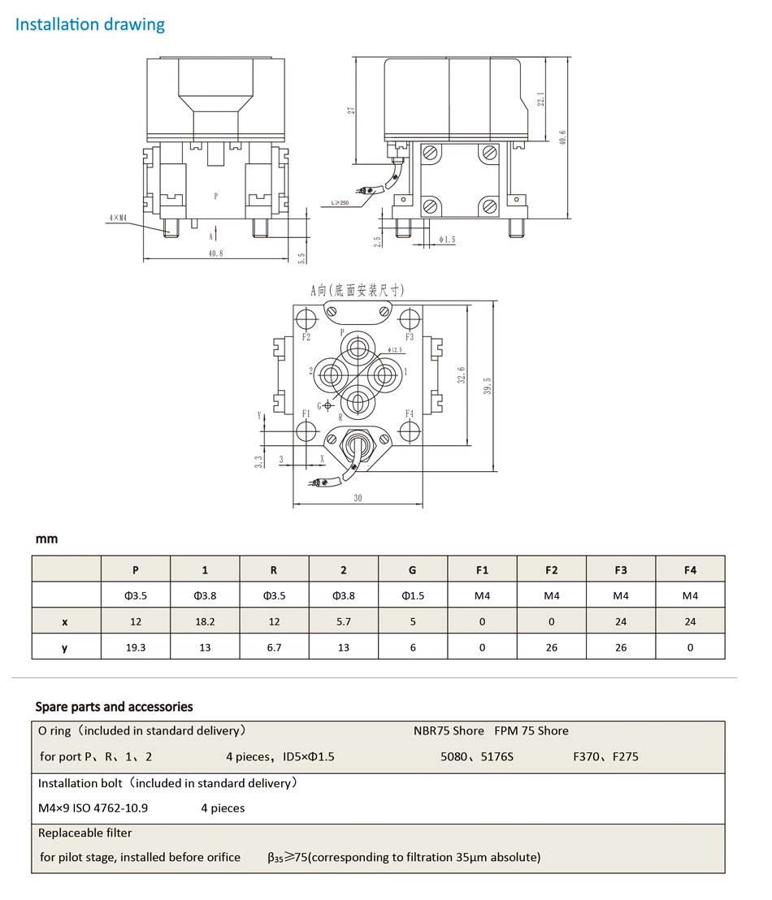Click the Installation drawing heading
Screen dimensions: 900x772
(90, 24)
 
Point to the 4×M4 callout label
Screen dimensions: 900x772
(117, 218)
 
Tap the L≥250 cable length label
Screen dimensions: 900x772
(340, 202)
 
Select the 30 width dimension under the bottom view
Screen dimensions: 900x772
(358, 498)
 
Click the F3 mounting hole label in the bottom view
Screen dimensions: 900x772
(410, 336)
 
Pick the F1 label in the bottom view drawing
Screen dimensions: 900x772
(306, 413)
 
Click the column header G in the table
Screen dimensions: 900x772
(413, 569)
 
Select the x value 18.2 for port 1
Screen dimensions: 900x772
(205, 621)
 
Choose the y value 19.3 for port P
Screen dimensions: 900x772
(136, 647)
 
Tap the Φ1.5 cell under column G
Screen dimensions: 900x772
(413, 595)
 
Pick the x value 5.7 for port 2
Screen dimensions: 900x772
(343, 621)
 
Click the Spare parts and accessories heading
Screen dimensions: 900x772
(114, 706)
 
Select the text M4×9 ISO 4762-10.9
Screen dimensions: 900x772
(93, 808)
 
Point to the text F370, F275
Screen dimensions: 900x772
(605, 756)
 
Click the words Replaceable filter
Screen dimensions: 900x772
(85, 833)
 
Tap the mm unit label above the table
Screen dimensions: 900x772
(46, 539)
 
